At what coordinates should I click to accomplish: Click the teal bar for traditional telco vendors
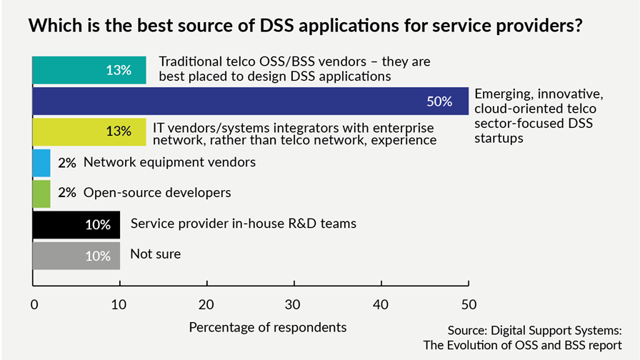pyautogui.click(x=89, y=70)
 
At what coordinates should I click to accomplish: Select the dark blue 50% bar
pyautogui.click(x=251, y=101)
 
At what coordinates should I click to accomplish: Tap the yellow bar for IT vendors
pyautogui.click(x=89, y=132)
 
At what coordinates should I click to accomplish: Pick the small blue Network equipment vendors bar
pyautogui.click(x=41, y=163)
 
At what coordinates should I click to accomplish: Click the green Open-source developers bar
pyautogui.click(x=41, y=194)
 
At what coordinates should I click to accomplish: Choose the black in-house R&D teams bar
pyautogui.click(x=76, y=225)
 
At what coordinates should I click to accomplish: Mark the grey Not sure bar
pyautogui.click(x=76, y=256)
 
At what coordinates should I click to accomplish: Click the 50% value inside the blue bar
pyautogui.click(x=439, y=101)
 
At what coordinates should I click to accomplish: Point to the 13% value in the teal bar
pyautogui.click(x=119, y=70)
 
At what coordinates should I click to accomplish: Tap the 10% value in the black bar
pyautogui.click(x=98, y=224)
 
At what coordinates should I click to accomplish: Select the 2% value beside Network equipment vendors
pyautogui.click(x=67, y=163)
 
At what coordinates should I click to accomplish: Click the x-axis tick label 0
pyautogui.click(x=34, y=304)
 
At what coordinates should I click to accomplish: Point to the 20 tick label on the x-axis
pyautogui.click(x=206, y=304)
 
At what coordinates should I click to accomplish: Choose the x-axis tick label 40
pyautogui.click(x=381, y=304)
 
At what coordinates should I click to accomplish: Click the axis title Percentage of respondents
pyautogui.click(x=268, y=327)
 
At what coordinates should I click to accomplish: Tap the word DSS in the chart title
pyautogui.click(x=276, y=25)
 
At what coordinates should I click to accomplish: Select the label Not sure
pyautogui.click(x=156, y=254)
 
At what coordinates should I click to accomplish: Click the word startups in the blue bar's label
pyautogui.click(x=499, y=138)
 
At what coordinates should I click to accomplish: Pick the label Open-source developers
pyautogui.click(x=157, y=193)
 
